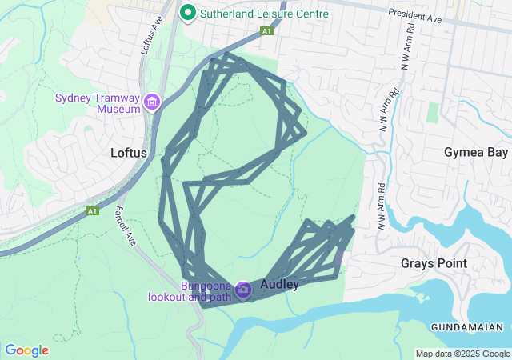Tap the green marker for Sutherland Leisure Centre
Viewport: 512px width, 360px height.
coord(188,13)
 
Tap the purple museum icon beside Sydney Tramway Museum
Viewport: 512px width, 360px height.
coord(152,103)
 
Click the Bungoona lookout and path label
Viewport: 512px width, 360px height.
coord(190,291)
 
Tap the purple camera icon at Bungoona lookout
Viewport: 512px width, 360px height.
coord(242,290)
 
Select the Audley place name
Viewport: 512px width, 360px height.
coord(280,284)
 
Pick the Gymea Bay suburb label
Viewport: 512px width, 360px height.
coord(476,152)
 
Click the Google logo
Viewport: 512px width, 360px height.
coord(26,350)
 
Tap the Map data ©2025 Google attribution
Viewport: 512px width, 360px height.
coord(462,354)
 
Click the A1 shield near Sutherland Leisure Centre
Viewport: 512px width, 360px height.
coord(266,31)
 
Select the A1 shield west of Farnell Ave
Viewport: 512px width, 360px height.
coord(92,210)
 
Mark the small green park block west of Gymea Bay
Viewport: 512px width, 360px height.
coord(433,112)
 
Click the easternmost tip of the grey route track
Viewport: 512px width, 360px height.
coord(354,217)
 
